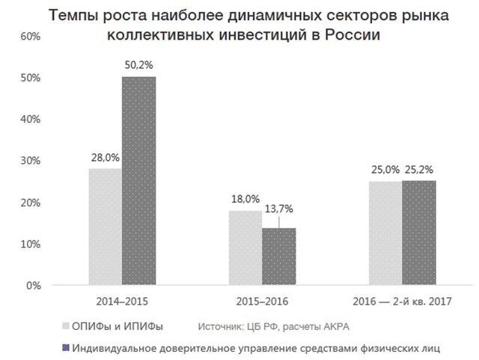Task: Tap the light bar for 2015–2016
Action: pyautogui.click(x=245, y=248)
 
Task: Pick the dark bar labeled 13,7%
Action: pyautogui.click(x=278, y=257)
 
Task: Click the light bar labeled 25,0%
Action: pyautogui.click(x=385, y=234)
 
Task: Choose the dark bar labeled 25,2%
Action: pyautogui.click(x=418, y=233)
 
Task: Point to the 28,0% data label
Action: pyautogui.click(x=105, y=159)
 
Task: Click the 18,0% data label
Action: pyautogui.click(x=245, y=200)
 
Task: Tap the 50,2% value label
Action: pyautogui.click(x=138, y=66)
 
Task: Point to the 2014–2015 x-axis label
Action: pyautogui.click(x=122, y=302)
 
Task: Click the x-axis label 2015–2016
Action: pyautogui.click(x=262, y=302)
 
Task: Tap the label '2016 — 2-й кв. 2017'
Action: pyautogui.click(x=402, y=302)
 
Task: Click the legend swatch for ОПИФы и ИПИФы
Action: pyautogui.click(x=65, y=326)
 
